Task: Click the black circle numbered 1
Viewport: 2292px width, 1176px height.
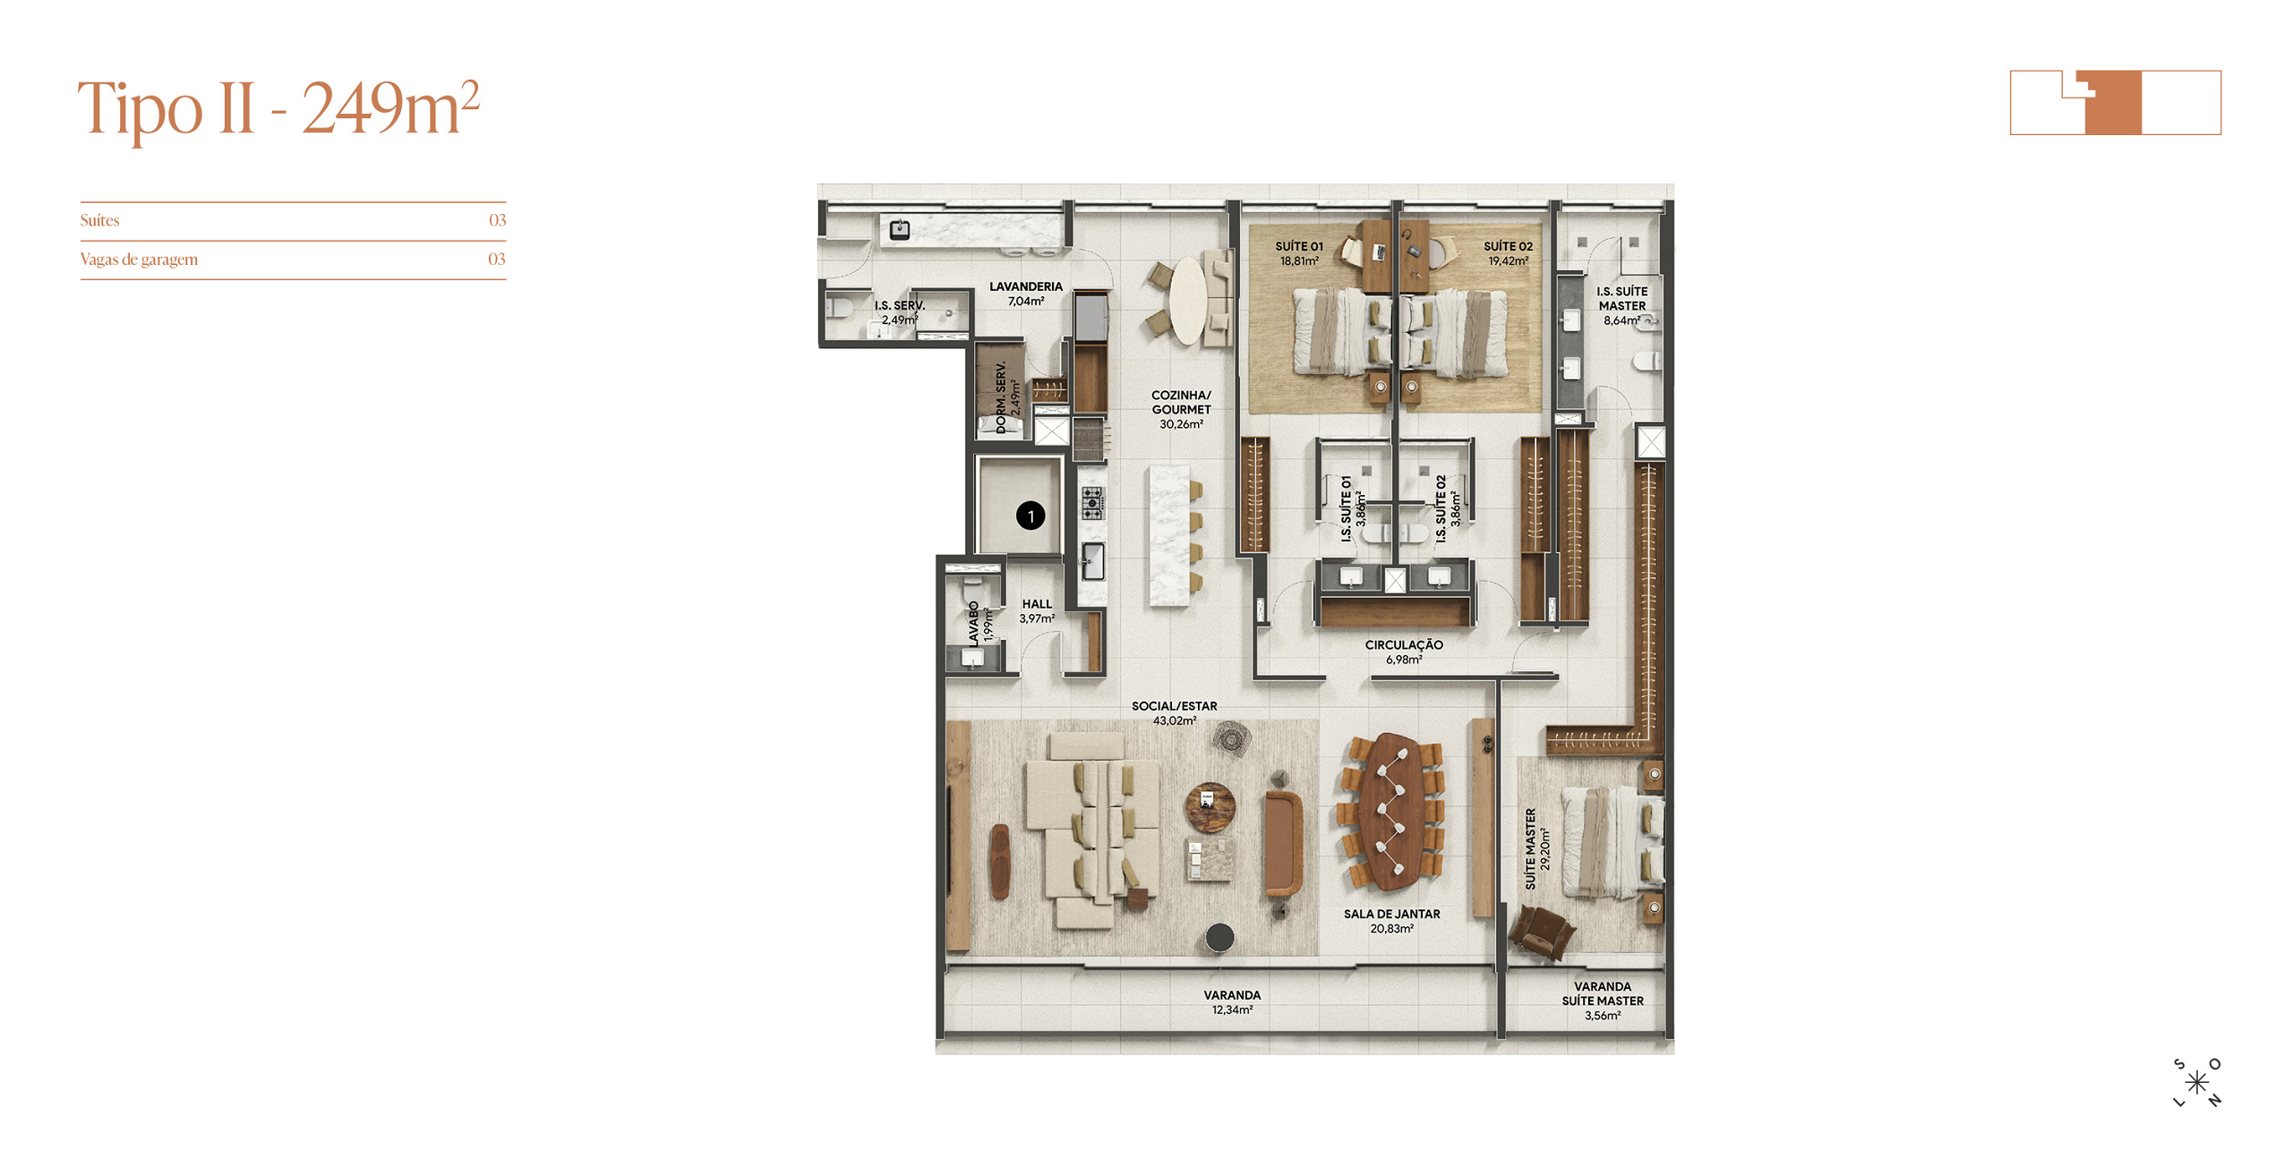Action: [x=1030, y=516]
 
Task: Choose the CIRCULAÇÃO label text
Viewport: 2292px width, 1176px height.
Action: [x=1403, y=644]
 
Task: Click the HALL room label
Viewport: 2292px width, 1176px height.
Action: [x=1037, y=604]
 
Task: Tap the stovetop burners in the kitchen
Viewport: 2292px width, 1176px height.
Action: [x=1091, y=503]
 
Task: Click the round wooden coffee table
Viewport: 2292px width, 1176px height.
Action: [x=1210, y=807]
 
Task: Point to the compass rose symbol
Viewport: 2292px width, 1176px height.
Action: [x=2196, y=1083]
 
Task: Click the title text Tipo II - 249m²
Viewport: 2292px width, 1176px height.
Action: [x=278, y=107]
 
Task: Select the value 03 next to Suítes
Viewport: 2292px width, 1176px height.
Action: [x=497, y=220]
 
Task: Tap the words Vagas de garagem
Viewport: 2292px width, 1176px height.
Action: [x=139, y=260]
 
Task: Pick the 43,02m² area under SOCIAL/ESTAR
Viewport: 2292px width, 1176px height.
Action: [x=1174, y=720]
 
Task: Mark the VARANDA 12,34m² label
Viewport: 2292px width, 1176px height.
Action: [x=1232, y=1001]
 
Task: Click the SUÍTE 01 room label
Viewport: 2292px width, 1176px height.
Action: [x=1298, y=246]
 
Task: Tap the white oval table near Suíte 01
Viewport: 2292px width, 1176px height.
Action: [x=1188, y=301]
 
